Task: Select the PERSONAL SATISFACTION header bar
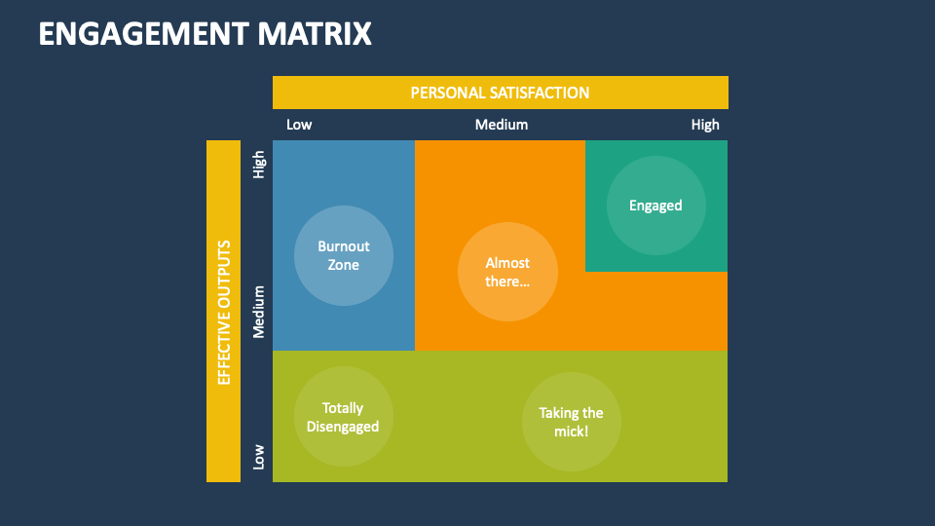click(500, 93)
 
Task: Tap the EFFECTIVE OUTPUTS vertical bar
click(223, 311)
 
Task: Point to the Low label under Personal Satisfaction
click(299, 125)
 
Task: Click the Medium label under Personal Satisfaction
click(502, 125)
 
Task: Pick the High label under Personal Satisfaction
click(705, 125)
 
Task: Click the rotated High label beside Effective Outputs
click(259, 164)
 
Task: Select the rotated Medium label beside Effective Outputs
click(259, 311)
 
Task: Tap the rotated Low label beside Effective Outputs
click(259, 456)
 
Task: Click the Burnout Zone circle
click(344, 255)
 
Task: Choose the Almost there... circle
click(507, 272)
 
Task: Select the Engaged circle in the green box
click(655, 206)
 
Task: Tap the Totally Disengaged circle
click(343, 417)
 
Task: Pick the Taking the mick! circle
click(572, 421)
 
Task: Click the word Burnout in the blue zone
click(344, 246)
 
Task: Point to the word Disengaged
click(343, 427)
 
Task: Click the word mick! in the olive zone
click(572, 431)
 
